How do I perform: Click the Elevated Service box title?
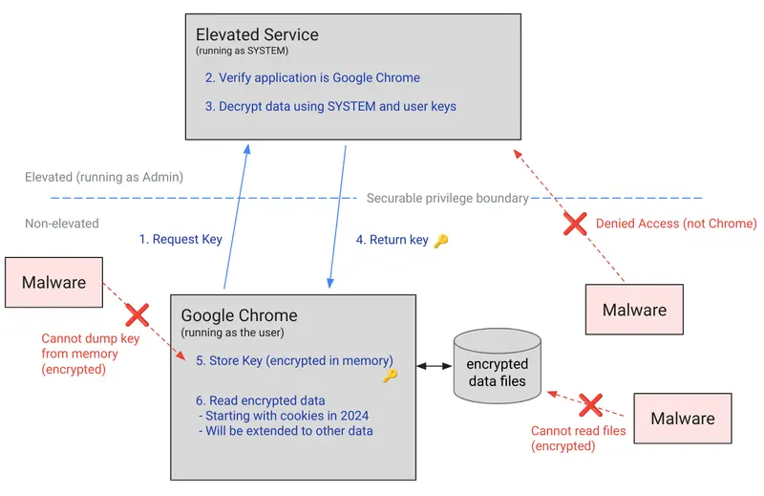[x=257, y=35]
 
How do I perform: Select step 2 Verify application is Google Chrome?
[x=312, y=77]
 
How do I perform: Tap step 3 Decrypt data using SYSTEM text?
[x=330, y=106]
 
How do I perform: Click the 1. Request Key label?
[x=180, y=239]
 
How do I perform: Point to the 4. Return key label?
[x=393, y=240]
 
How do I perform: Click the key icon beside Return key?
[x=440, y=241]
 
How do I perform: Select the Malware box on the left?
[x=53, y=282]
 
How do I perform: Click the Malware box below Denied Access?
[x=634, y=310]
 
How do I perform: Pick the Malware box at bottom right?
[x=682, y=419]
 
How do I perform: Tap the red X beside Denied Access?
[x=574, y=224]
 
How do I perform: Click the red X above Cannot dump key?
[x=138, y=314]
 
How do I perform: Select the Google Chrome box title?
[x=239, y=315]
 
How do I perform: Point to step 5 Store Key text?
[x=294, y=360]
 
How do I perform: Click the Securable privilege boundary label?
[x=447, y=198]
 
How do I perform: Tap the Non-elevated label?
[x=62, y=223]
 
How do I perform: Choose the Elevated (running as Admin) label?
[x=104, y=177]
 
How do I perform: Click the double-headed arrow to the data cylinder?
[x=434, y=365]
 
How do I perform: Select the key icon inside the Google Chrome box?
[x=390, y=376]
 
